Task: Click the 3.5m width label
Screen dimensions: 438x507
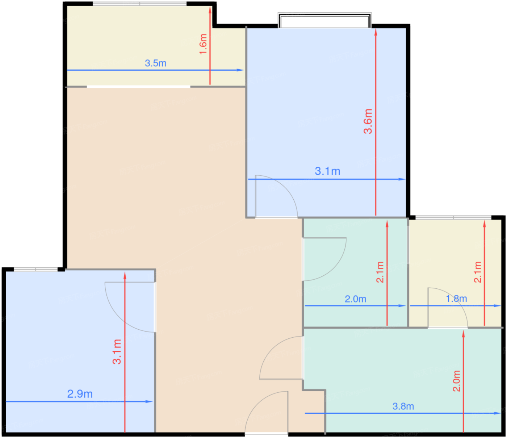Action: (x=155, y=63)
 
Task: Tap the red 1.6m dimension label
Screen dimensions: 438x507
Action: (x=203, y=44)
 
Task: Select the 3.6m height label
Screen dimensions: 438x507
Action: (x=368, y=121)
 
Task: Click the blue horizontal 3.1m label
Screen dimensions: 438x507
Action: (x=327, y=171)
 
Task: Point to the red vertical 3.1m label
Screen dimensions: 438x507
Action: (x=117, y=351)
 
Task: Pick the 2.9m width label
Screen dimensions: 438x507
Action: (x=80, y=394)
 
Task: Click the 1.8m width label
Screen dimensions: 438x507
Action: (x=456, y=299)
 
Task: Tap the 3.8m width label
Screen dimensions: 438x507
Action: (x=403, y=406)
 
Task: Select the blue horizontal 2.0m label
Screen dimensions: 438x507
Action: (x=355, y=299)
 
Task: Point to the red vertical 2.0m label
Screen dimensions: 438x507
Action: (x=457, y=381)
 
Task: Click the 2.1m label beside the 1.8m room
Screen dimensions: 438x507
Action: (x=478, y=272)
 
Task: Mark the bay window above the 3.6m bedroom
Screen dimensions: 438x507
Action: (x=324, y=20)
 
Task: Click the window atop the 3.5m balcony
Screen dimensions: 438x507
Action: (x=140, y=4)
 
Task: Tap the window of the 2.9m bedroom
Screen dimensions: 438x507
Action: (x=35, y=269)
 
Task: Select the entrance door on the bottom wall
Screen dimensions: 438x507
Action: (x=267, y=413)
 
